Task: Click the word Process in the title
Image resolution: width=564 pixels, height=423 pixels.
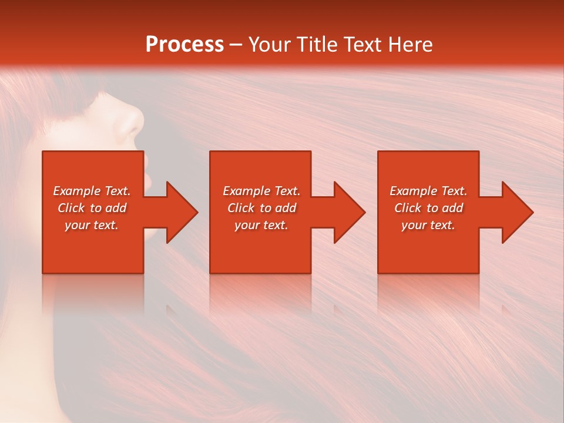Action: pos(184,45)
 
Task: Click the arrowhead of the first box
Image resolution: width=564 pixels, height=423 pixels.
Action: pos(179,212)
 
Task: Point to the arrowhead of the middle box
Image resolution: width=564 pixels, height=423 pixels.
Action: pos(347,212)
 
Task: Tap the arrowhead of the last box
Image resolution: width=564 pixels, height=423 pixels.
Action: pos(515,212)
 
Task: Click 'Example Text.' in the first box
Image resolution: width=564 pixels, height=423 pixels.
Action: pos(92,191)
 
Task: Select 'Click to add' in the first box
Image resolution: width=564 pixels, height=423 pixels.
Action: pos(92,208)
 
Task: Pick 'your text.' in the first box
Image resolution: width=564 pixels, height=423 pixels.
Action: pos(92,225)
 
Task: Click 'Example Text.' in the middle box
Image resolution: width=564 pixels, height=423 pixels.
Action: pos(261,191)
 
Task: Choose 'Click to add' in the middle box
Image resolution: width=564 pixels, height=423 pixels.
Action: pos(261,208)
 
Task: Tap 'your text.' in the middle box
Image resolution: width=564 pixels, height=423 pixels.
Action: pos(261,225)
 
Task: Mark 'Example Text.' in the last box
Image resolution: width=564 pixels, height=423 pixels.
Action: pos(428,191)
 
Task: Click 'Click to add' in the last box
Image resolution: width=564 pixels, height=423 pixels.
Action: pos(428,208)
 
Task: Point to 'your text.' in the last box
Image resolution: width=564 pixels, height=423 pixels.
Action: pos(428,225)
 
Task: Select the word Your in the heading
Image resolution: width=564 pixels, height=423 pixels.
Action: pos(267,45)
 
